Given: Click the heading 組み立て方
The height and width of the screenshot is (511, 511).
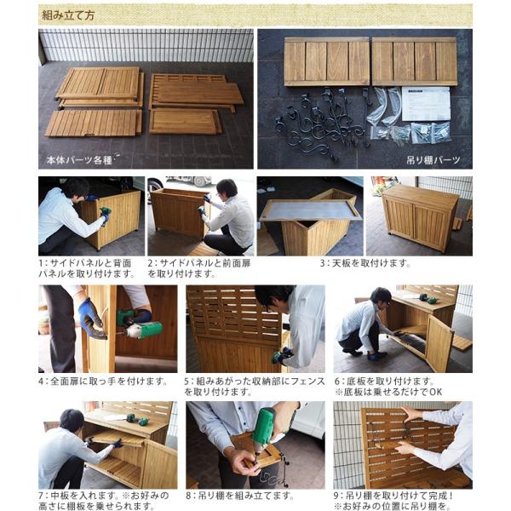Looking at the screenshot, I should pos(67,14).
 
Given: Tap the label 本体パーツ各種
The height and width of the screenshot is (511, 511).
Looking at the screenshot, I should pos(83,158).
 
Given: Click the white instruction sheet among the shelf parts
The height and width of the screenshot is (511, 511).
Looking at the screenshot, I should pos(425,102).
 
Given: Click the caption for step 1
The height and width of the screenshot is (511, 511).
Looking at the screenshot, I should pos(87,268).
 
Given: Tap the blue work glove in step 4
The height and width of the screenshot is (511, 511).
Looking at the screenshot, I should pos(91,319).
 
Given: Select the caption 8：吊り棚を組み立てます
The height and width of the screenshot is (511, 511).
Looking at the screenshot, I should pos(244,495).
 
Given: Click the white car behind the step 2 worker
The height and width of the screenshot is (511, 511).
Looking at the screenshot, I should pos(192,181).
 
